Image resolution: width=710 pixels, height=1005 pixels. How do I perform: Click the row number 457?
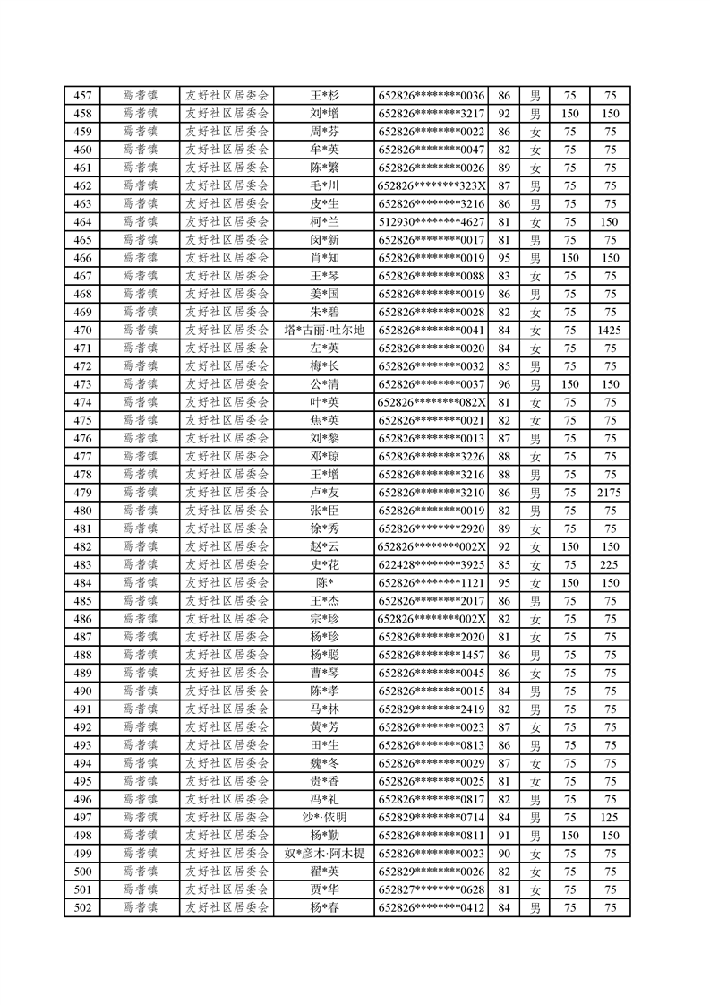pos(82,96)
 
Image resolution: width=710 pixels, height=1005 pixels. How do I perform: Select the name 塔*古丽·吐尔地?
pos(324,331)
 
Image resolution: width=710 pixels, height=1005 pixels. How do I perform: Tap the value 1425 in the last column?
pos(611,331)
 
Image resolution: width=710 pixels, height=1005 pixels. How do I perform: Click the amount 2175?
pos(611,493)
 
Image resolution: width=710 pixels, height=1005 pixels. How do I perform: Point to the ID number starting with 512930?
pos(432,222)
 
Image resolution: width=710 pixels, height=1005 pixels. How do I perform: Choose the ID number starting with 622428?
pos(432,565)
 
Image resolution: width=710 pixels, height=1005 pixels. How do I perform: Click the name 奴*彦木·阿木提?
pos(324,854)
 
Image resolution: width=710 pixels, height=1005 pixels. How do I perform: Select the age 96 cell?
pos(503,384)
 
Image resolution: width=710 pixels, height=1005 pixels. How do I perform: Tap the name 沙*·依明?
pos(324,818)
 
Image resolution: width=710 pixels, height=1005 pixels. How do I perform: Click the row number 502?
pos(82,908)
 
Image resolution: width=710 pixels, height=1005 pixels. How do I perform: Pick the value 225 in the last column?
pos(611,565)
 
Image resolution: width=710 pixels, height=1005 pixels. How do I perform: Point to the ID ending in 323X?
pos(432,186)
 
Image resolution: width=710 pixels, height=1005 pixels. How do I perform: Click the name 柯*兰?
pos(324,222)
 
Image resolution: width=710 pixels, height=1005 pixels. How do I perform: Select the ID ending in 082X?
pos(432,402)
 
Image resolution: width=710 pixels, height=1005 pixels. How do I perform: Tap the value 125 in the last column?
pos(611,818)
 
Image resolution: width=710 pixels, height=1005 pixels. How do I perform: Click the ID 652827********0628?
pos(432,889)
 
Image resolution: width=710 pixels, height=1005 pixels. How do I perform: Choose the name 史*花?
pos(324,565)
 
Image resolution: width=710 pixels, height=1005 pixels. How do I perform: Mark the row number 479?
pos(82,493)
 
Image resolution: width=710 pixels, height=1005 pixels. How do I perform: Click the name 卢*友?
pos(324,493)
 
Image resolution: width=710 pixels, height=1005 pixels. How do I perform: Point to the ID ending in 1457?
pos(432,655)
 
